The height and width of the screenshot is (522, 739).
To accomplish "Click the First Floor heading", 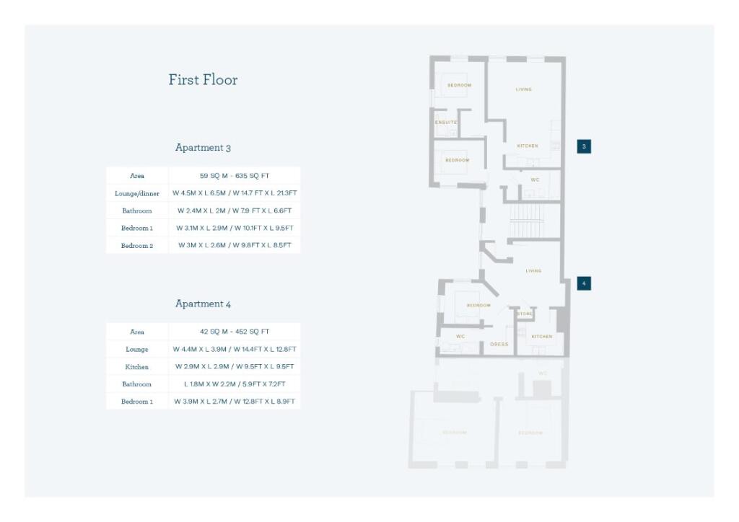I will [203, 80].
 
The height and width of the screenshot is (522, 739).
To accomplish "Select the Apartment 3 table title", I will [203, 148].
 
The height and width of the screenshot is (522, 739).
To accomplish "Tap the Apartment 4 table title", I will [203, 304].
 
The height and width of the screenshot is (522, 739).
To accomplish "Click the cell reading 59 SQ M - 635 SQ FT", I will [235, 176].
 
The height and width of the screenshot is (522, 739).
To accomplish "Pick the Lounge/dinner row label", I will [137, 193].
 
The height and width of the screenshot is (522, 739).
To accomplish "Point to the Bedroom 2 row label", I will [137, 245].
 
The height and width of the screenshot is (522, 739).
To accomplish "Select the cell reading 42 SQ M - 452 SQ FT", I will [235, 332].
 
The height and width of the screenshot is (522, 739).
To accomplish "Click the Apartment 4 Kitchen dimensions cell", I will [235, 366].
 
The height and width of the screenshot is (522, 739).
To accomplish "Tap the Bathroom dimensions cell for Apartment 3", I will [235, 211].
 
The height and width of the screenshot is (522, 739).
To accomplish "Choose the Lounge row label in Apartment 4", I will [137, 349].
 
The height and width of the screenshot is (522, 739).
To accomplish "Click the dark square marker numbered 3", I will [584, 146].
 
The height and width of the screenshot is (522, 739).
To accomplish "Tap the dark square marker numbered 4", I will [584, 283].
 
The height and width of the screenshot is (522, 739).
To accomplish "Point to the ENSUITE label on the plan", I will [446, 123].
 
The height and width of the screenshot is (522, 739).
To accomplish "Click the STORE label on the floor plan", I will [525, 314].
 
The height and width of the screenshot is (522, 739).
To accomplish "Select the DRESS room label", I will [499, 345].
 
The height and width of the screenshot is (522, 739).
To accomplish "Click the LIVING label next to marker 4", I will [533, 271].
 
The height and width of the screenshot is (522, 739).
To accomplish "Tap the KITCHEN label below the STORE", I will [542, 337].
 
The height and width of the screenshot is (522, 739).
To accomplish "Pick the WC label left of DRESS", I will [460, 337].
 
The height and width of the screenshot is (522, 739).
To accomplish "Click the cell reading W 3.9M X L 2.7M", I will [235, 401].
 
